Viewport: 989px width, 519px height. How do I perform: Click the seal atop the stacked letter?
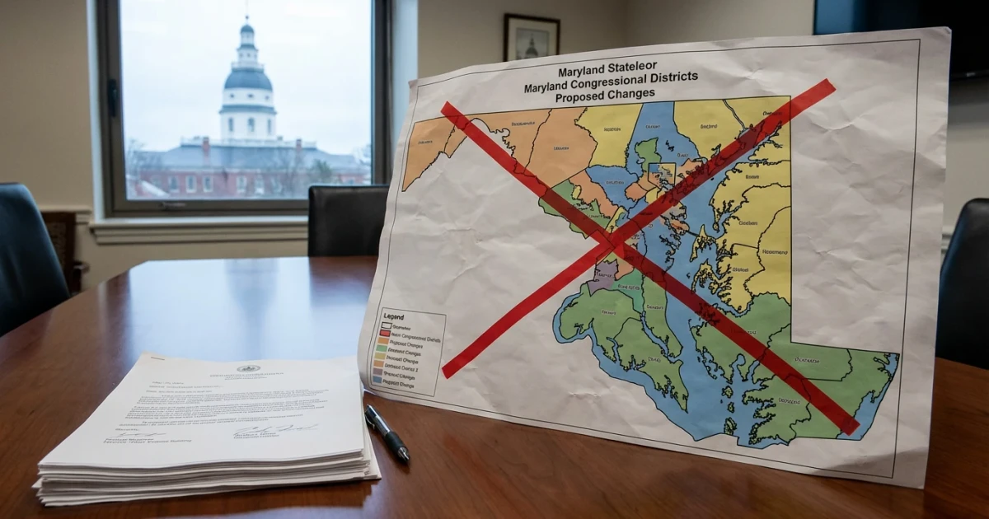pyautogui.click(x=248, y=367)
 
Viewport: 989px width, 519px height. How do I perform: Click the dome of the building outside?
pyautogui.click(x=247, y=78)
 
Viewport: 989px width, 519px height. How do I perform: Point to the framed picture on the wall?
pyautogui.click(x=532, y=37)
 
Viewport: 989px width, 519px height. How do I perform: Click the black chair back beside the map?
pyautogui.click(x=346, y=219)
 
